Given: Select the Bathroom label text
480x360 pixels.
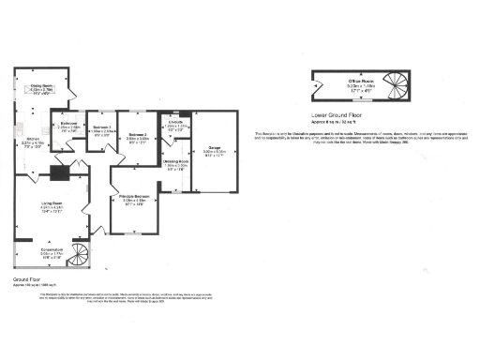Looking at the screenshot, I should pyautogui.click(x=68, y=124).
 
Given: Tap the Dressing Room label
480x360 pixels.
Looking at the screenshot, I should pyautogui.click(x=175, y=163).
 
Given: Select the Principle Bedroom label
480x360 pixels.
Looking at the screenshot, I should pyautogui.click(x=137, y=199).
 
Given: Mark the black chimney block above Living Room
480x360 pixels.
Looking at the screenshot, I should pyautogui.click(x=57, y=172).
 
